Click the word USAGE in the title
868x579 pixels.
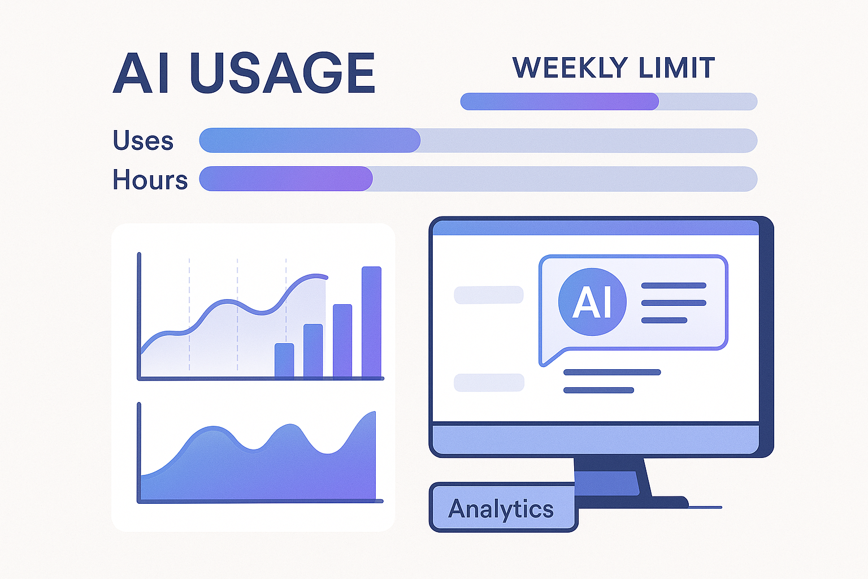click(x=283, y=74)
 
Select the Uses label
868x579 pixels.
click(x=143, y=140)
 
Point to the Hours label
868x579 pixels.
click(x=150, y=180)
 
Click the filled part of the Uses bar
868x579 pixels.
click(x=310, y=140)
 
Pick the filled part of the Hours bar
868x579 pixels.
click(x=286, y=179)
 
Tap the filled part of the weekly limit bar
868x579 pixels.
click(x=559, y=102)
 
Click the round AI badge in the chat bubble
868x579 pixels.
click(x=592, y=302)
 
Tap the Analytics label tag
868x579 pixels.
click(x=502, y=508)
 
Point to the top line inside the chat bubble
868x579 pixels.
click(x=674, y=286)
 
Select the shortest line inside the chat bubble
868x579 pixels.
click(x=664, y=320)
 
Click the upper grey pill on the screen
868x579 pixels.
click(x=489, y=295)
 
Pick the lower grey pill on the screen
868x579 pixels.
click(x=489, y=383)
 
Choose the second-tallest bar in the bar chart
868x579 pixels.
click(x=342, y=340)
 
